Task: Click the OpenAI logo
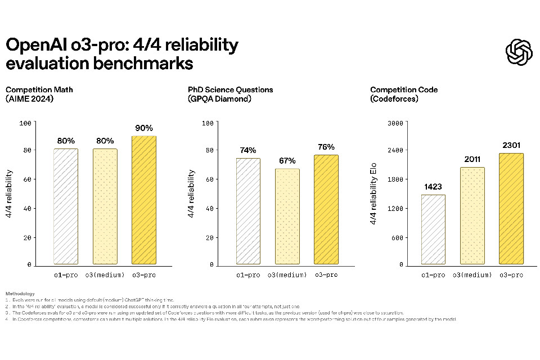[x=519, y=52]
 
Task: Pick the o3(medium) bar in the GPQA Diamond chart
[x=287, y=217]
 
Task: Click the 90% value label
[x=144, y=128]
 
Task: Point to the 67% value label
[x=287, y=161]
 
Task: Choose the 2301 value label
[x=511, y=146]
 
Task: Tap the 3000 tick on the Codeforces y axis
[x=397, y=123]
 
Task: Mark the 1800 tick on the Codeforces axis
[x=397, y=179]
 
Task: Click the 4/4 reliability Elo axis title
[x=374, y=194]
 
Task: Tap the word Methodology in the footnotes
[x=20, y=293]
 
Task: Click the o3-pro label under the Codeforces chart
[x=511, y=275]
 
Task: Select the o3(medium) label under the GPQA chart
[x=287, y=275]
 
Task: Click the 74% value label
[x=248, y=150]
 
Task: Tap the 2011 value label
[x=472, y=160]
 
